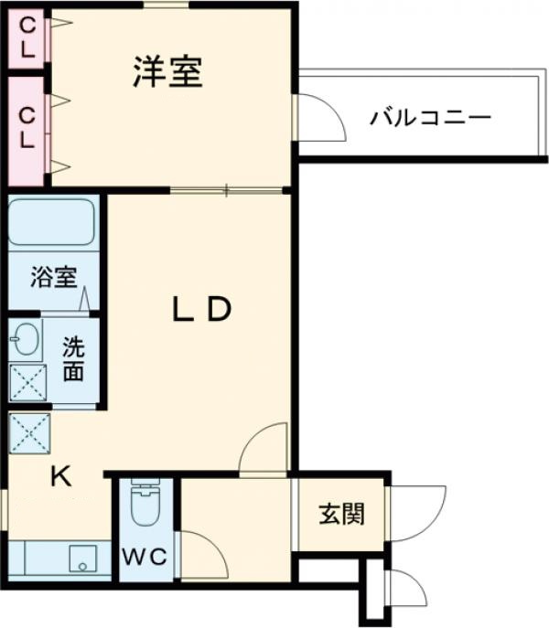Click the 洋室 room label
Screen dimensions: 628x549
(x=167, y=73)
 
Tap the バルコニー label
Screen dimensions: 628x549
(x=431, y=118)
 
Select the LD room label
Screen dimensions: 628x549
(x=201, y=311)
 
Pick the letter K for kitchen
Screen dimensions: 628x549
(x=60, y=475)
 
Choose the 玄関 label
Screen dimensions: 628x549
(x=341, y=515)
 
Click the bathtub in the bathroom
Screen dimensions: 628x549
(x=52, y=222)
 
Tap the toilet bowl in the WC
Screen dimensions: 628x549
(x=145, y=506)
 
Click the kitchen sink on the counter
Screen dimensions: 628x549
(x=85, y=557)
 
